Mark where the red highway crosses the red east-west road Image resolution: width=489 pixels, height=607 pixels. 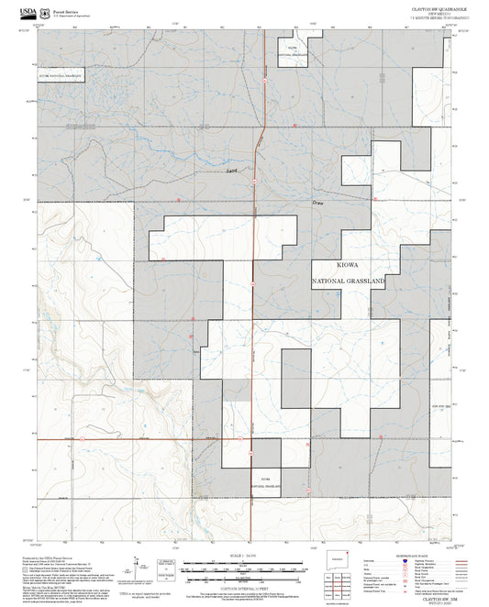click(253, 438)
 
